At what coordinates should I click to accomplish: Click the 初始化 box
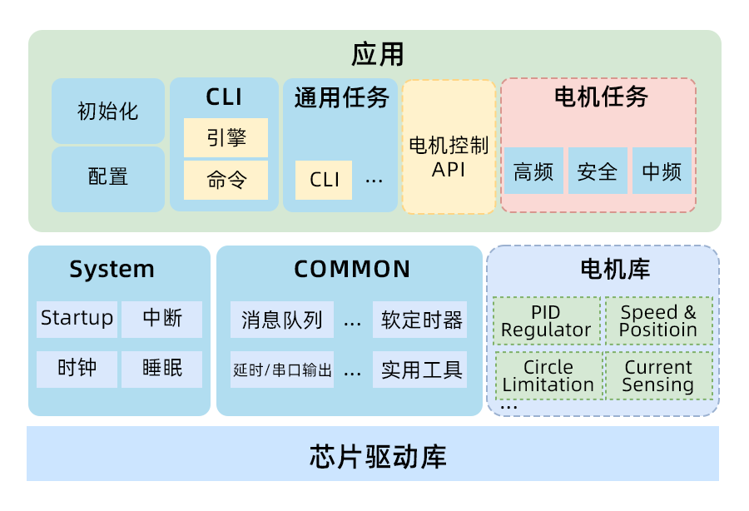(x=108, y=111)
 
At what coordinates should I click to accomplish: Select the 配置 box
(x=108, y=177)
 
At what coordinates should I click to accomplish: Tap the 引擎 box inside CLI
(x=226, y=136)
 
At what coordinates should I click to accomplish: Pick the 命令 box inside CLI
(x=226, y=180)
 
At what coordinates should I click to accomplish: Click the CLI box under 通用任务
(x=324, y=180)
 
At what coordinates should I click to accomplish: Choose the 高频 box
(x=533, y=171)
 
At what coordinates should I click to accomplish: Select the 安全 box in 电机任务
(x=598, y=171)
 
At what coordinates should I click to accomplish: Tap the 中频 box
(x=662, y=171)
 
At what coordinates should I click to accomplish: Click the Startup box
(x=77, y=319)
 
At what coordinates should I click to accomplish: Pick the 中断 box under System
(x=162, y=319)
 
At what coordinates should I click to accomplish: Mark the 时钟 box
(x=77, y=369)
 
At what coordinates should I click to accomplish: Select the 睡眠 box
(x=162, y=369)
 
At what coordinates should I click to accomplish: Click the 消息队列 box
(x=282, y=320)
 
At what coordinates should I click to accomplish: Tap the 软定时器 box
(x=420, y=320)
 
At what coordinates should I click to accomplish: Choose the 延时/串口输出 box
(x=282, y=370)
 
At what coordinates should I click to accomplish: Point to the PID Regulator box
(x=546, y=321)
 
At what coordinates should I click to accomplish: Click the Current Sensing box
(x=657, y=376)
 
